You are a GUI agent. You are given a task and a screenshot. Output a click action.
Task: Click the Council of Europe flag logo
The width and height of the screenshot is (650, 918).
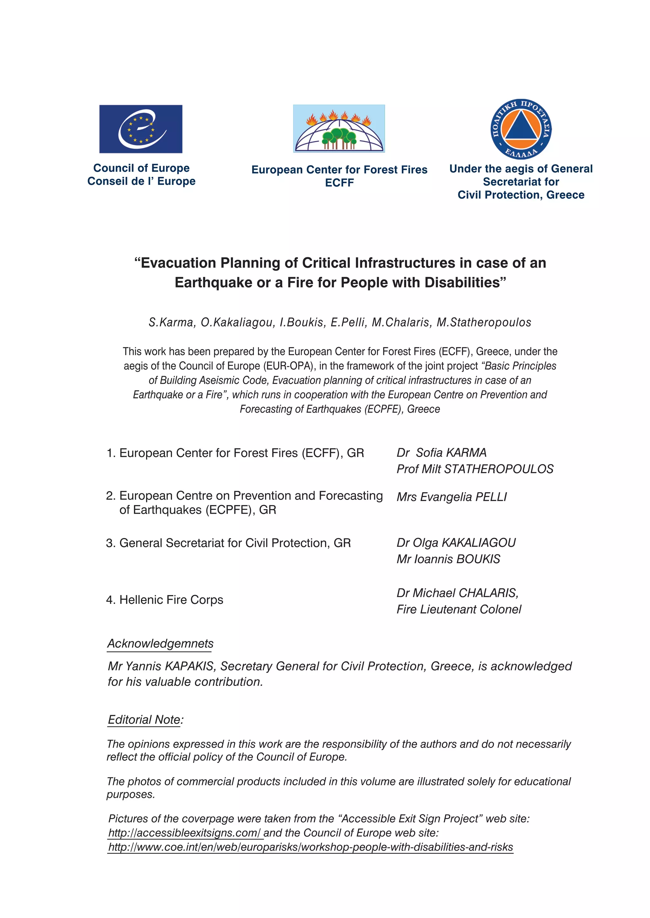click(x=141, y=129)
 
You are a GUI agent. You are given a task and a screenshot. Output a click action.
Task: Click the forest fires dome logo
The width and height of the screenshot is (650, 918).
click(x=339, y=128)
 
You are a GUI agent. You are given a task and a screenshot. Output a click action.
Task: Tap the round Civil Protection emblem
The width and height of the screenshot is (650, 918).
click(x=521, y=129)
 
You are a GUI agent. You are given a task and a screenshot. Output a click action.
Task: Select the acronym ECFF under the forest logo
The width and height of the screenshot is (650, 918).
click(x=339, y=183)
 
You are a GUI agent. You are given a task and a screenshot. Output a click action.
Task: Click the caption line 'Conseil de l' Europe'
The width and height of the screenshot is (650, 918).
click(x=141, y=181)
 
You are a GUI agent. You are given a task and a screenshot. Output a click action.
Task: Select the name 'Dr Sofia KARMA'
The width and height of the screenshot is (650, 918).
click(x=441, y=453)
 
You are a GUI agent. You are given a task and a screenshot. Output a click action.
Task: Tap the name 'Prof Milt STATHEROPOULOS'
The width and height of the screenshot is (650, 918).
click(x=475, y=469)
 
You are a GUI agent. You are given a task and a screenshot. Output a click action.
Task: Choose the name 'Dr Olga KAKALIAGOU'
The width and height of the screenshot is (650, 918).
click(x=456, y=543)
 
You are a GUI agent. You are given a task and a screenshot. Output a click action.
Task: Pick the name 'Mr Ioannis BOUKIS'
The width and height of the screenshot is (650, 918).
click(x=448, y=559)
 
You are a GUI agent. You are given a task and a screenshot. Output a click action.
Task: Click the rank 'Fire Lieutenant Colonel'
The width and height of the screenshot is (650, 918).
click(x=459, y=609)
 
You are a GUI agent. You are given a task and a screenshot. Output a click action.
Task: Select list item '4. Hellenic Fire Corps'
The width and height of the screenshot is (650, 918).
click(x=164, y=600)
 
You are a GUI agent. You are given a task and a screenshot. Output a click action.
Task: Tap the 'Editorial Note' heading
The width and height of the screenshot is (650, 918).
click(x=145, y=720)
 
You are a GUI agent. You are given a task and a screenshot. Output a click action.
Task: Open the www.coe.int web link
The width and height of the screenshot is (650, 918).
click(x=310, y=847)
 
